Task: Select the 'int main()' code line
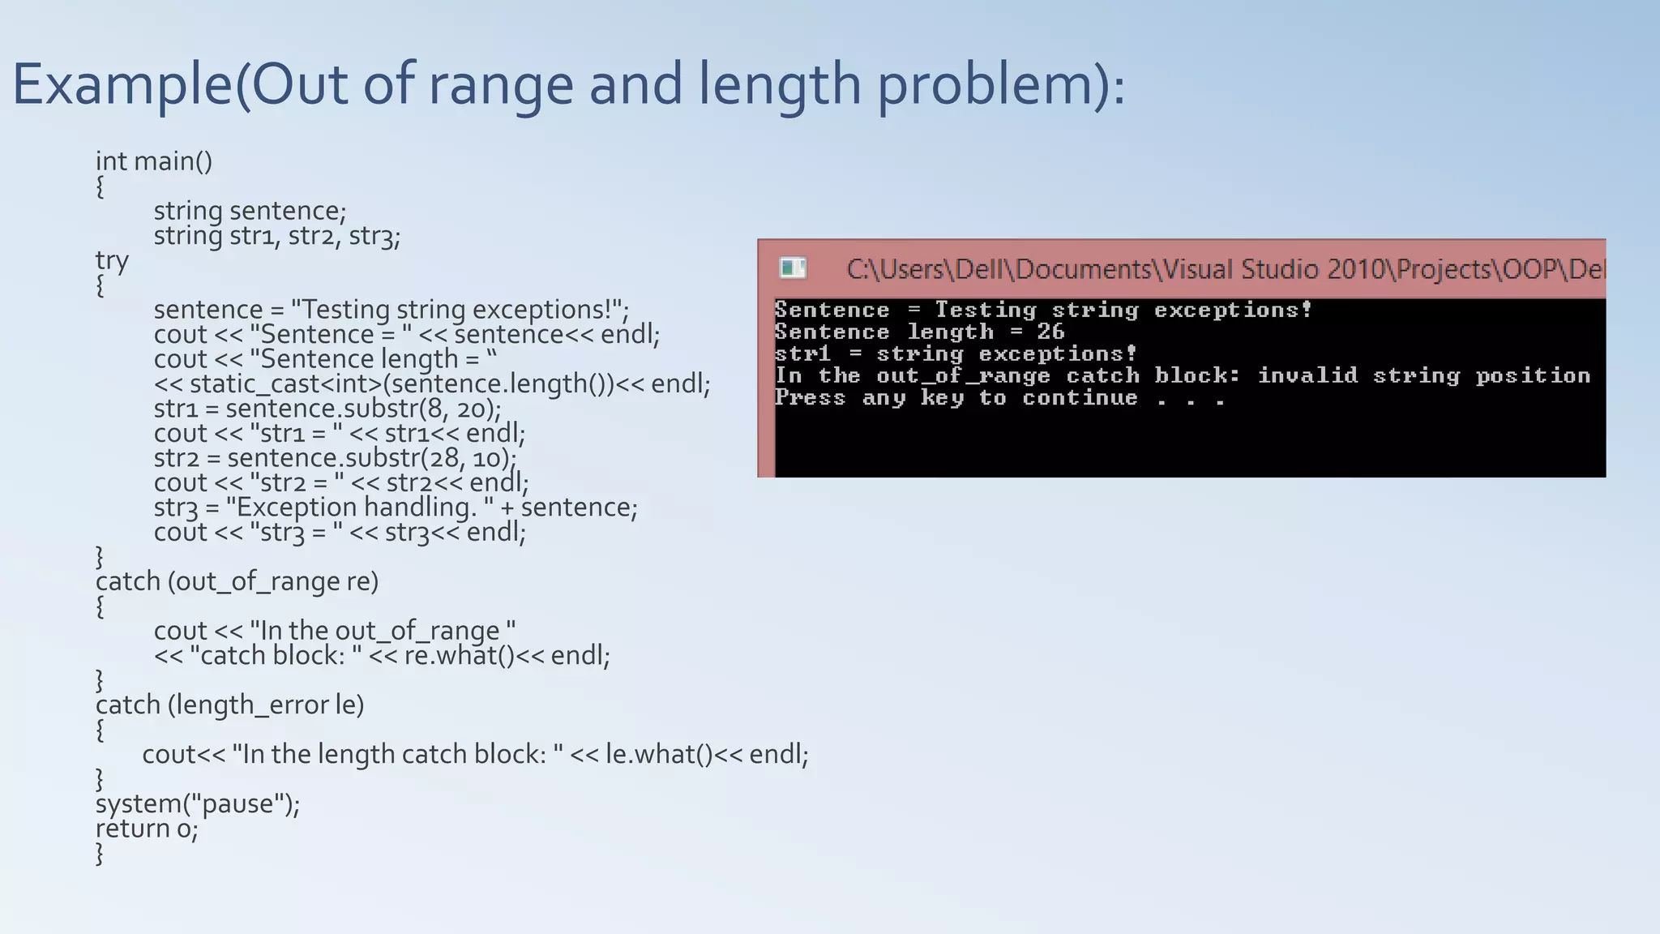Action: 154,161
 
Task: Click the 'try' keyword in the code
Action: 112,260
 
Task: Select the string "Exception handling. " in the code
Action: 360,508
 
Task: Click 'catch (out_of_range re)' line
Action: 237,581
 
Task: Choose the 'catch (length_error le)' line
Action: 229,705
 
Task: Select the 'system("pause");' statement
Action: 198,803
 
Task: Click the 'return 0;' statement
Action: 147,829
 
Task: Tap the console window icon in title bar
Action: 792,268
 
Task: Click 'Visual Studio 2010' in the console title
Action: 1271,269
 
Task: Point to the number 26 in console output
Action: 1050,332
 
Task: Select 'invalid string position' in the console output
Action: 1423,375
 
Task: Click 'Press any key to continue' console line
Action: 956,398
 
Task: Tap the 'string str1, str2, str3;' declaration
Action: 276,236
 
